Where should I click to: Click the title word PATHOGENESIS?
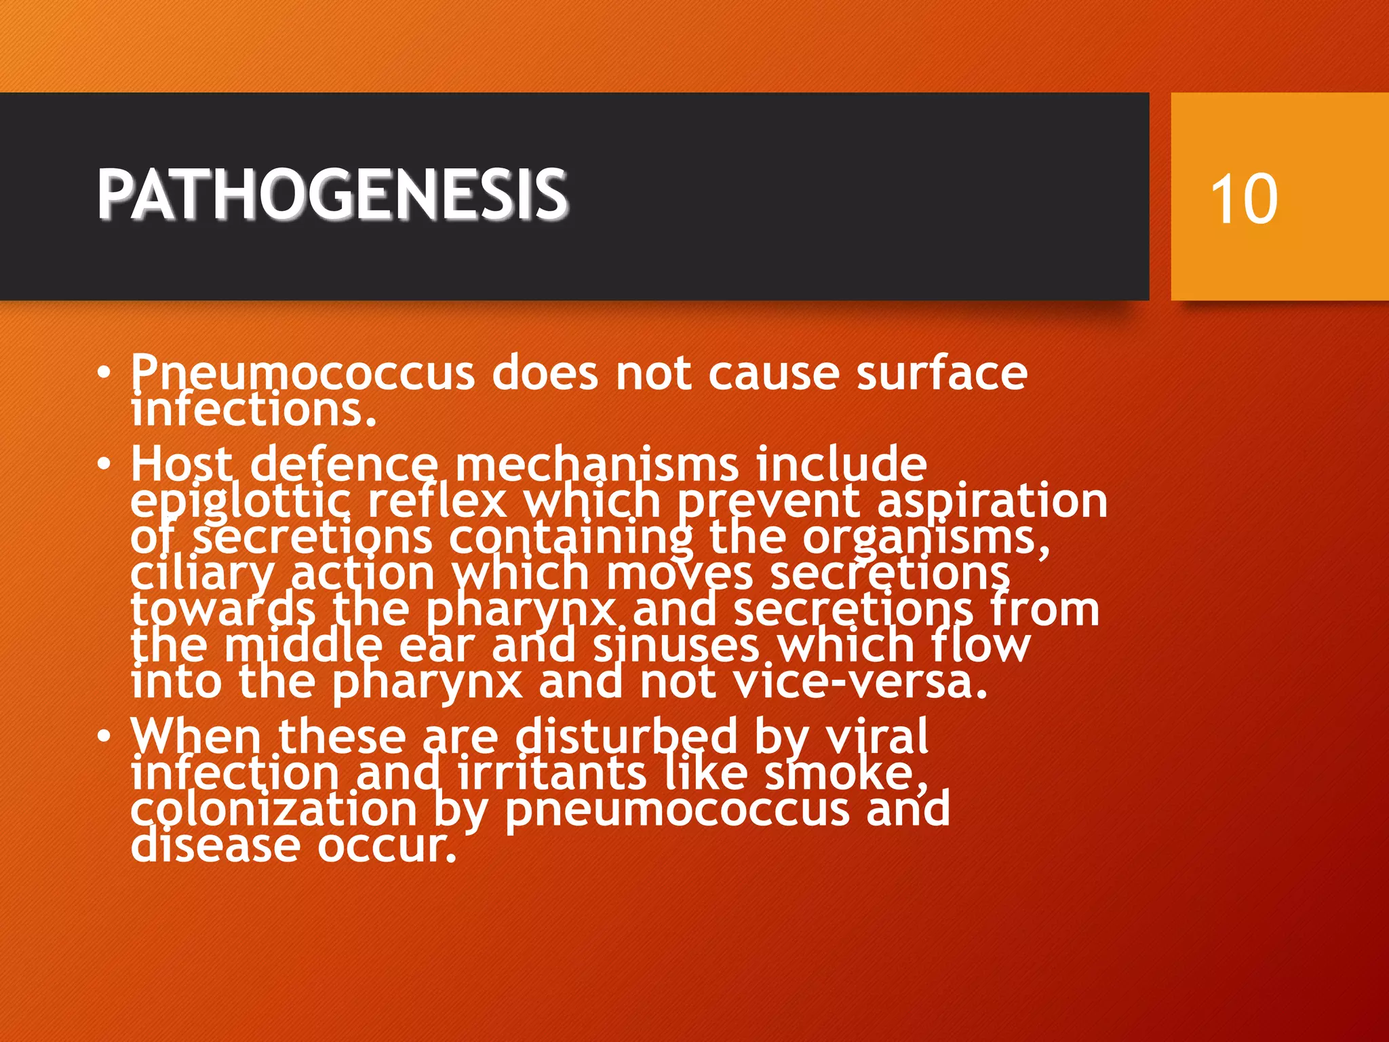[332, 195]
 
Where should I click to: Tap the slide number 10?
[1244, 198]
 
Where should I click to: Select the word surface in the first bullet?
[941, 373]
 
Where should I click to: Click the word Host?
[181, 465]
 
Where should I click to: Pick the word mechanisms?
[597, 465]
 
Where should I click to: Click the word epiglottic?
[241, 502]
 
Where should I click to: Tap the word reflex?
[437, 501]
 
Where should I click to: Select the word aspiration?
[992, 502]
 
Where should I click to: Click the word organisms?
[926, 538]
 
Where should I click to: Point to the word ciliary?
[202, 575]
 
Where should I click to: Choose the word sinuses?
[676, 646]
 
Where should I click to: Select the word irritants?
[552, 773]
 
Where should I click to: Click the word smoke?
[845, 773]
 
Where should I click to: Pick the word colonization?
[273, 809]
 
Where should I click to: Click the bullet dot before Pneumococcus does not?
[103, 373]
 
